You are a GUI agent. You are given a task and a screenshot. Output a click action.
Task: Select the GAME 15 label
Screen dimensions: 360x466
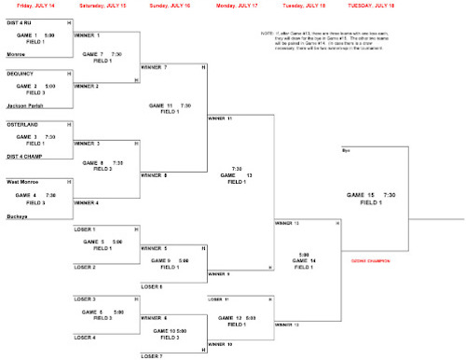pyautogui.click(x=366, y=194)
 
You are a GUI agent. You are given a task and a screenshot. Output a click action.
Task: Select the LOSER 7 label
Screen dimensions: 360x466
pyautogui.click(x=151, y=356)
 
